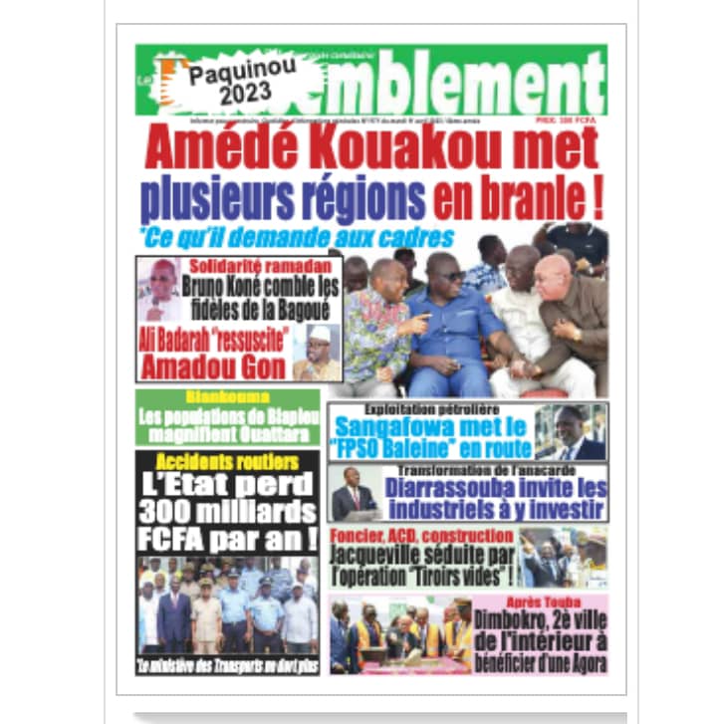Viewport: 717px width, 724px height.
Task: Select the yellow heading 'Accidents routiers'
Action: click(227, 462)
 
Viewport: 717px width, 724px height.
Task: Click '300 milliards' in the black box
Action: click(227, 513)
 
